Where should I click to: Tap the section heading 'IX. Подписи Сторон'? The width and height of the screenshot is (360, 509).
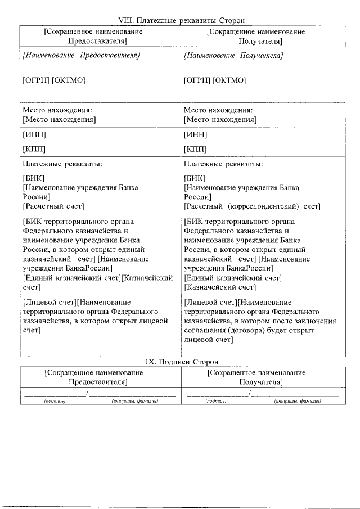click(181, 361)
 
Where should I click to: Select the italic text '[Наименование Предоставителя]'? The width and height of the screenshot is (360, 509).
click(81, 56)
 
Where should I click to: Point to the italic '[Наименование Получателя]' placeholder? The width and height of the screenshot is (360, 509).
click(233, 56)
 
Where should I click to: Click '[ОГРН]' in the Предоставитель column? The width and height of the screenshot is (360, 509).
click(36, 81)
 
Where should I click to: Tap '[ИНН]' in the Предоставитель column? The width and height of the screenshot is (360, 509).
click(34, 135)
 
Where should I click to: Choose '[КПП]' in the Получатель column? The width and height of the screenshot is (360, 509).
click(195, 149)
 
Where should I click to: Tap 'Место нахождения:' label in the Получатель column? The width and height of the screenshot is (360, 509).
click(218, 110)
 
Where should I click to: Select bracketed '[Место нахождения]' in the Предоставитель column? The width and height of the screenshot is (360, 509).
click(59, 120)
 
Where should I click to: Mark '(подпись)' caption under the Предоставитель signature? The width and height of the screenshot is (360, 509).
click(55, 401)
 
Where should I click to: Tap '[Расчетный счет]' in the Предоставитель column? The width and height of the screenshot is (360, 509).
click(52, 206)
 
